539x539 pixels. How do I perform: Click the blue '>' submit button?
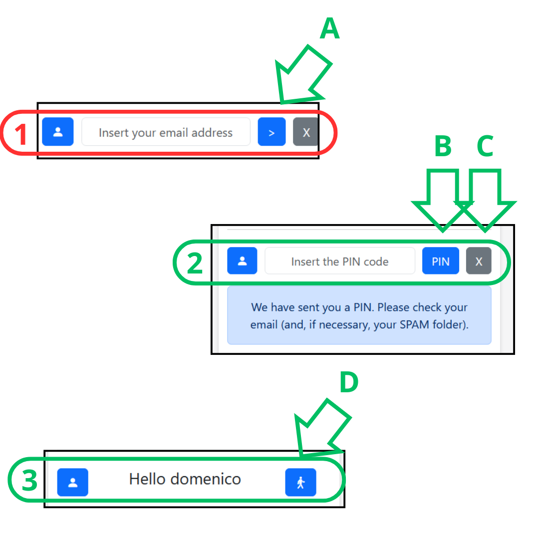tap(271, 132)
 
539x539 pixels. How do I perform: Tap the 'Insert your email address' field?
tap(166, 132)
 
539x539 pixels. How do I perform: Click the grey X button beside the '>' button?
tap(305, 132)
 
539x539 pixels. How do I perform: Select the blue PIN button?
tap(440, 261)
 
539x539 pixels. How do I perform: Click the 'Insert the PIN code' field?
tap(340, 261)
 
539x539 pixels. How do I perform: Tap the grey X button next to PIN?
tap(479, 261)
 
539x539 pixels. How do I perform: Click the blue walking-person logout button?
tap(300, 482)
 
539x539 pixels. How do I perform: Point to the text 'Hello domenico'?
tap(185, 479)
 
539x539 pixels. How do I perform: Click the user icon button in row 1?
tap(58, 132)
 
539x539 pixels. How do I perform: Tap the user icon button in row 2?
tap(242, 261)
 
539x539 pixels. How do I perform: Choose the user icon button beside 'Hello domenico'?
tap(72, 482)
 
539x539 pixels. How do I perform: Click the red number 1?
tap(21, 134)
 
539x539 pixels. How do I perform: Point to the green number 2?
tap(195, 264)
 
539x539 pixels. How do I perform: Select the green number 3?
tap(29, 480)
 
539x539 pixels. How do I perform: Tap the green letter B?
tap(443, 146)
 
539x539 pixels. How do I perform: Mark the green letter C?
tap(486, 146)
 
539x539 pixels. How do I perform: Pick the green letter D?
tap(349, 382)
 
